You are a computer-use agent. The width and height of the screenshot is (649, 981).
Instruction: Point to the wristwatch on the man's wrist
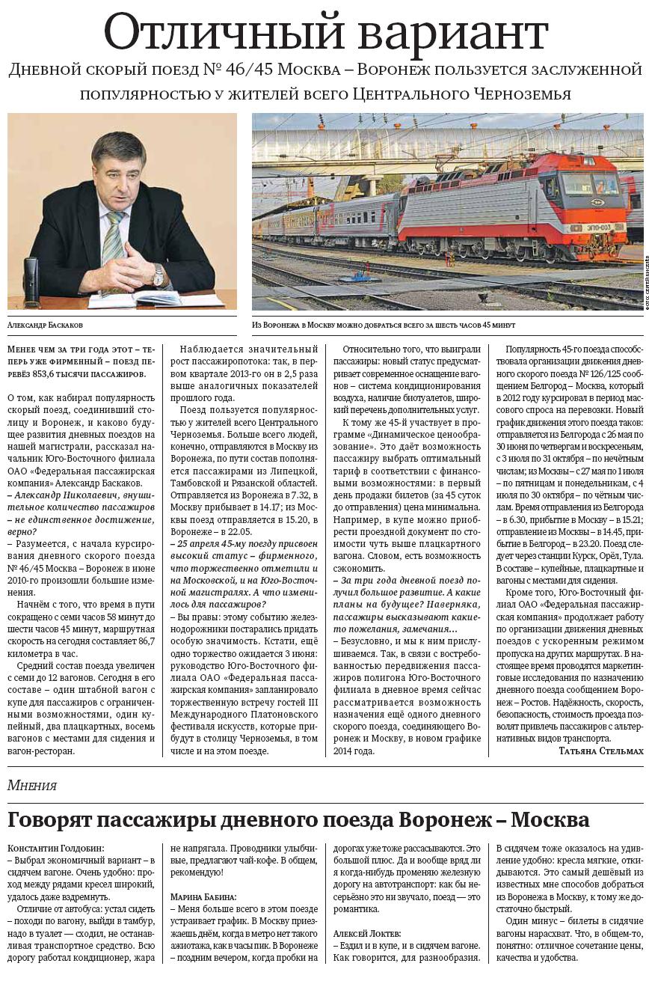coord(158,276)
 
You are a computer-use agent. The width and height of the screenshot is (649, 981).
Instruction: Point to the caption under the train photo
coord(383,326)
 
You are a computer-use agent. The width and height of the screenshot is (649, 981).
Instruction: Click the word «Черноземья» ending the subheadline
coord(524,94)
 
